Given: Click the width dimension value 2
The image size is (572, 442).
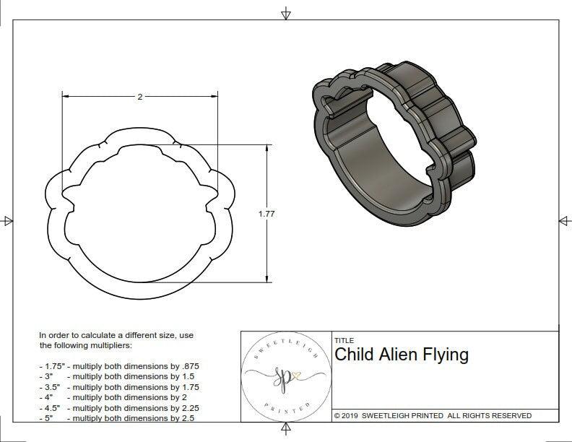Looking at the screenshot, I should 139,97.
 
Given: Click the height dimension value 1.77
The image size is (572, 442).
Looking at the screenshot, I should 267,214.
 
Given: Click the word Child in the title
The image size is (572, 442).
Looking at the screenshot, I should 352,355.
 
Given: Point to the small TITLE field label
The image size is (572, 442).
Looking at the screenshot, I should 344,340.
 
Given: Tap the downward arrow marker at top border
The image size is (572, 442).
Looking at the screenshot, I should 286,14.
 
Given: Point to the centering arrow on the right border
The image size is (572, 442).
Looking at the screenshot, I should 563,220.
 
